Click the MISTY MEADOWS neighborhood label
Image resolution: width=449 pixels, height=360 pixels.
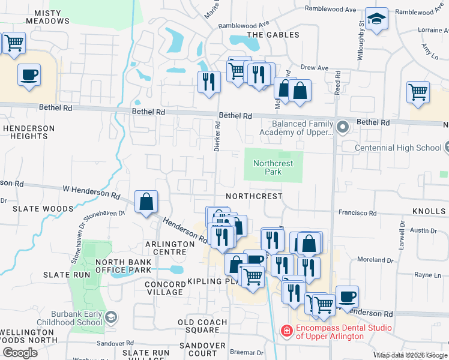click(x=43, y=17)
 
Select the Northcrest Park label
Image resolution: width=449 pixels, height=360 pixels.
click(x=273, y=167)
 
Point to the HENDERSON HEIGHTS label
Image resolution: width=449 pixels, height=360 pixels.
click(x=29, y=132)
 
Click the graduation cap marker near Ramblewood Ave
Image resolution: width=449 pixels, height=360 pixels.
click(x=376, y=19)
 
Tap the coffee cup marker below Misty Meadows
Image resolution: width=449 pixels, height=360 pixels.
click(x=29, y=75)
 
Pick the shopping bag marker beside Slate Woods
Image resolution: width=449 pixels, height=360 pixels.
click(x=146, y=202)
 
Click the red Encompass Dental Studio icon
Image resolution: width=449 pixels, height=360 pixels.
click(x=286, y=331)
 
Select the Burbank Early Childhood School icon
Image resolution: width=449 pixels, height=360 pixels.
click(x=110, y=316)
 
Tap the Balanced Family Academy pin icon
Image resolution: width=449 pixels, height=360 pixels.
click(x=343, y=127)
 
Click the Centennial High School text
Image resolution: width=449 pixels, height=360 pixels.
click(x=398, y=148)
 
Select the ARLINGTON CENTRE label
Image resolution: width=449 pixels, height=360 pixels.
click(x=170, y=244)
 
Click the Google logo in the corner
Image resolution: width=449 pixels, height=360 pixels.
click(x=20, y=352)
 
